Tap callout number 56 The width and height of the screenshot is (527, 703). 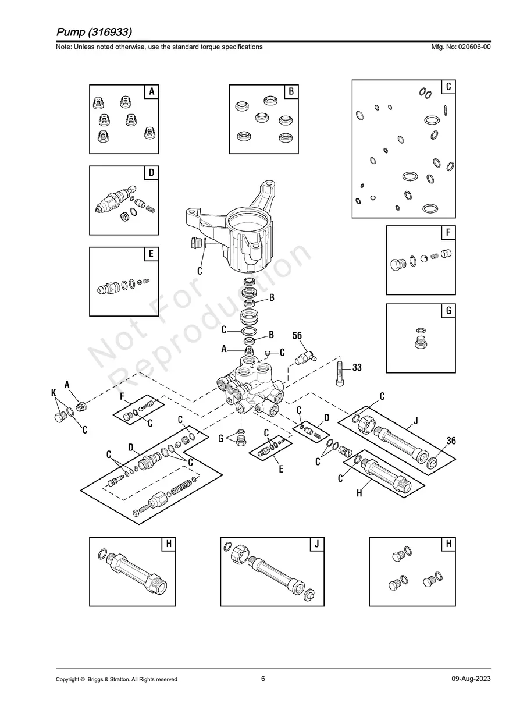(297, 336)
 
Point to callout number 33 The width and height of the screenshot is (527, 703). (357, 368)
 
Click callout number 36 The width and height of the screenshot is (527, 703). (451, 441)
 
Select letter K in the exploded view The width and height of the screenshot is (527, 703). (54, 393)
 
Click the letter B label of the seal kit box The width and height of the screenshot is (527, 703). (291, 91)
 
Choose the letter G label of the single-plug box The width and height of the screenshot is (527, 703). (448, 311)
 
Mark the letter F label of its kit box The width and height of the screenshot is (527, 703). (448, 233)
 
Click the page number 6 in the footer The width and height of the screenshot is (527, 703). (263, 679)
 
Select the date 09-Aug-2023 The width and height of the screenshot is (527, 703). (471, 679)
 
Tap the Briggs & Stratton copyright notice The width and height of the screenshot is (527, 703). (116, 679)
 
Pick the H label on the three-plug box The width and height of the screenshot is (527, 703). (448, 544)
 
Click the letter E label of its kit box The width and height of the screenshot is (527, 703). (151, 254)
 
